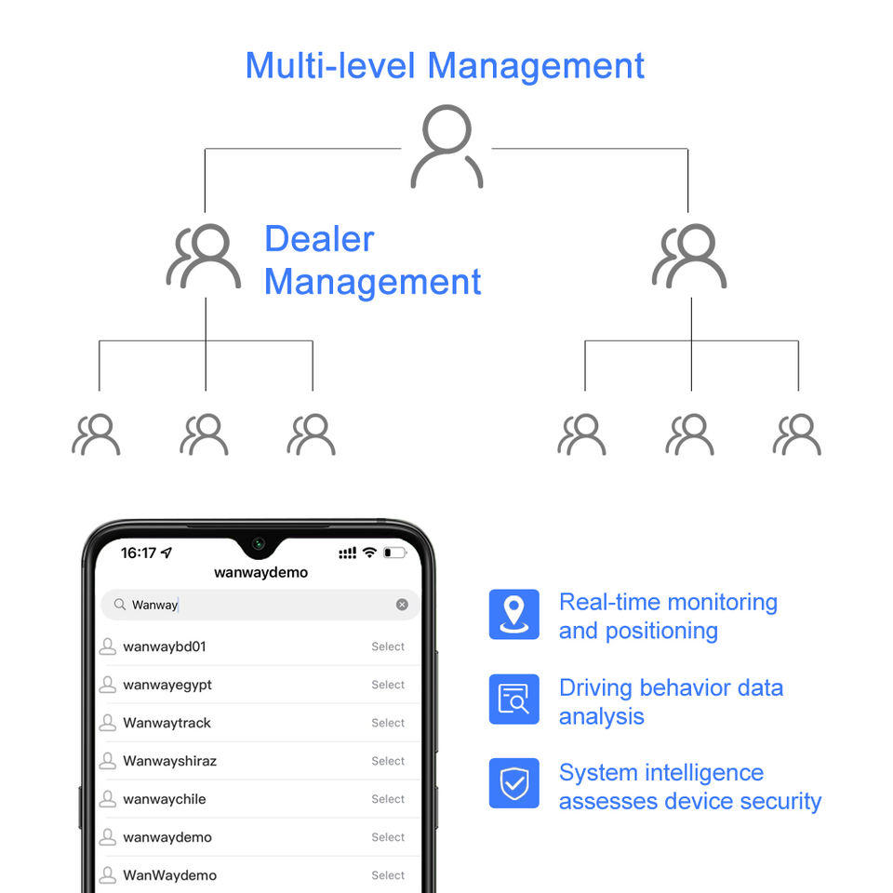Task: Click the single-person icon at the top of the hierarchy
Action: point(446,146)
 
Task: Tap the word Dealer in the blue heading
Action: point(319,239)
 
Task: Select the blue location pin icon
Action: point(513,614)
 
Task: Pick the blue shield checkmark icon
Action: point(513,783)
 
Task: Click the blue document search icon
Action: point(513,699)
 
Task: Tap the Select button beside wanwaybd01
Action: point(388,646)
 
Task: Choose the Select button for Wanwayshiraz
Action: point(388,761)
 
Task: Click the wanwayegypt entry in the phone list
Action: point(167,685)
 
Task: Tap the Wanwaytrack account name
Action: point(167,723)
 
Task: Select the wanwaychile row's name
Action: point(165,799)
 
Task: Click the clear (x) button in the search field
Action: point(402,605)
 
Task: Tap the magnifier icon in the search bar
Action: point(119,605)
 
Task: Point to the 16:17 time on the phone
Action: point(139,553)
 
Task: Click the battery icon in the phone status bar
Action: point(395,553)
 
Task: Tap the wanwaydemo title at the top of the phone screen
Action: point(260,572)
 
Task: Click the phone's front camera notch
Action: point(259,544)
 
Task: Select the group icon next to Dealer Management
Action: point(203,255)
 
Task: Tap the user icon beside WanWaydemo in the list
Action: point(108,875)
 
